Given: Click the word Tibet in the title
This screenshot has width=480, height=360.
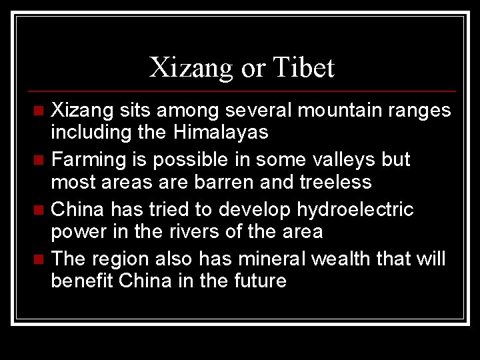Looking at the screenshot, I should coord(303,67).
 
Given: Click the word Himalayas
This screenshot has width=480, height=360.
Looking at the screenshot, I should coord(221,133).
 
